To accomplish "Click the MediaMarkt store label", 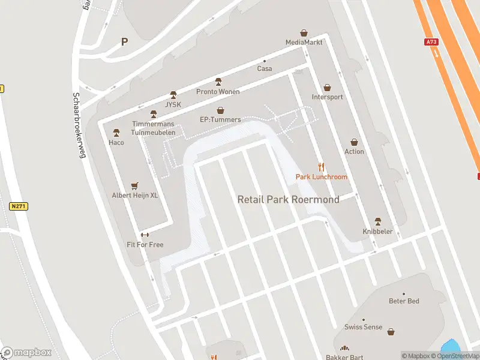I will pyautogui.click(x=304, y=42).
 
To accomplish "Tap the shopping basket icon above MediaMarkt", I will pyautogui.click(x=304, y=33).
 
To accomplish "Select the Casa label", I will pyautogui.click(x=265, y=68).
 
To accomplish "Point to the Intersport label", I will pyautogui.click(x=328, y=97).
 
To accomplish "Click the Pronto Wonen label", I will pyautogui.click(x=218, y=92).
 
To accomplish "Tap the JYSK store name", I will pyautogui.click(x=173, y=104).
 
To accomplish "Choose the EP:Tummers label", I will pyautogui.click(x=220, y=119).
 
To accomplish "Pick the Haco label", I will pyautogui.click(x=116, y=142).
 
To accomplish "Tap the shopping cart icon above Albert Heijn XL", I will pyautogui.click(x=134, y=186).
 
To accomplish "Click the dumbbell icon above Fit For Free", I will pyautogui.click(x=145, y=235).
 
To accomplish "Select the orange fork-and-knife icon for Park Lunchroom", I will pyautogui.click(x=321, y=167).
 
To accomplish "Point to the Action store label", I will pyautogui.click(x=354, y=151).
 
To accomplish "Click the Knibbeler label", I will pyautogui.click(x=377, y=231).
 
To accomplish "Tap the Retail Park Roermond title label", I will pyautogui.click(x=288, y=199).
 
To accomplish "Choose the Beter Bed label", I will pyautogui.click(x=404, y=301).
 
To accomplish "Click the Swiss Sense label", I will pyautogui.click(x=363, y=327).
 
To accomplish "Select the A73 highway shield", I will pyautogui.click(x=431, y=42).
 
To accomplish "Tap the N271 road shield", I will pyautogui.click(x=19, y=206).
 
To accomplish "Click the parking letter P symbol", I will pyautogui.click(x=125, y=41).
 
